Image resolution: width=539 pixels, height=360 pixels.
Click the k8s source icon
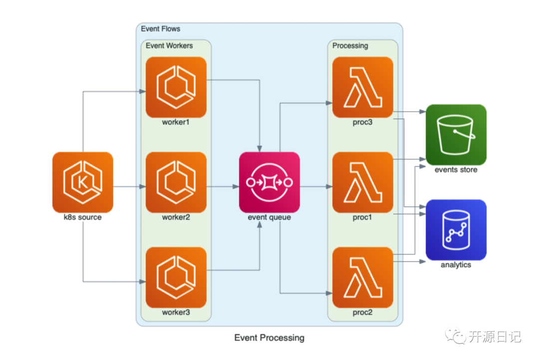click(x=83, y=182)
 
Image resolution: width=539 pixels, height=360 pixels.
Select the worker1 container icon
click(x=176, y=87)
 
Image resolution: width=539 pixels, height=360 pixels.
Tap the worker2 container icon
click(x=176, y=182)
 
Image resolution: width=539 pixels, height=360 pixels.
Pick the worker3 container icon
click(x=176, y=277)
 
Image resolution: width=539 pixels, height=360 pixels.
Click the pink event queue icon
click(x=269, y=182)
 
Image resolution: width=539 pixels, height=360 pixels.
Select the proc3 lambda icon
click(x=363, y=87)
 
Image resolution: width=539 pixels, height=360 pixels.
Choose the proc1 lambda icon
click(x=363, y=182)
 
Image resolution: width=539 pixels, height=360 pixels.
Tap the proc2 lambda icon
click(x=363, y=277)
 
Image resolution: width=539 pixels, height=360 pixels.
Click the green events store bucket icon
click(x=456, y=135)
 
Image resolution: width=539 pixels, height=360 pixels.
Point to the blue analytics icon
click(x=456, y=230)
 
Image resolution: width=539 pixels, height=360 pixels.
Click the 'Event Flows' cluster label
click(x=161, y=29)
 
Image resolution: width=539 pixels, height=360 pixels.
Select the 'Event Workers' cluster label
click(x=169, y=45)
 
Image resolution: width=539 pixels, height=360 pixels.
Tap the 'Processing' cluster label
click(x=350, y=45)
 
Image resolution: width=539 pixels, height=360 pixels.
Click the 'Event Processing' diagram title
click(x=269, y=338)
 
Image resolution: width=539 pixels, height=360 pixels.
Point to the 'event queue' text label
click(x=269, y=217)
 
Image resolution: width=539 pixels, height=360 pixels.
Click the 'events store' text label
click(x=456, y=170)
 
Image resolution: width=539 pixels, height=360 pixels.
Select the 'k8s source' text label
click(x=83, y=217)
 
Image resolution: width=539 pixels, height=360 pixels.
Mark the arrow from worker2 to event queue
click(x=223, y=186)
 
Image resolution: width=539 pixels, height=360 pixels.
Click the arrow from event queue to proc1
click(x=316, y=186)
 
